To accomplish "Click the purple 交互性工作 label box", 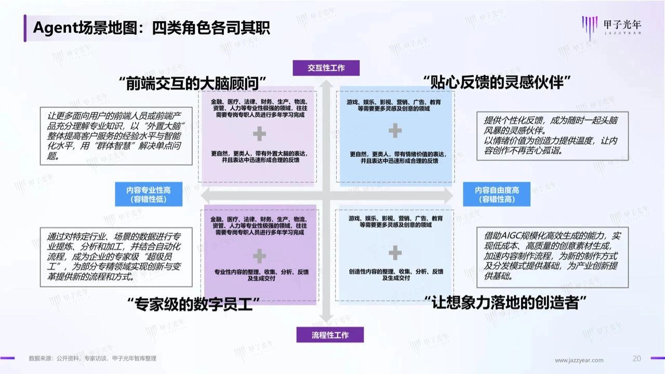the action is point(326,68).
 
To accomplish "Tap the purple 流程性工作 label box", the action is point(330,335).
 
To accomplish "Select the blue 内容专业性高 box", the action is point(149,194).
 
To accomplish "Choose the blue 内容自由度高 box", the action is point(497,194).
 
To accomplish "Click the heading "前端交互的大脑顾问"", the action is point(192,83).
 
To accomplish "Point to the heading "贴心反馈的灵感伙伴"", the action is point(497,82).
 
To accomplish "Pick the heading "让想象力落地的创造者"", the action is point(505,303).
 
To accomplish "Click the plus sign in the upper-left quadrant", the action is point(259,133).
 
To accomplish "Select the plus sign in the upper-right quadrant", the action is point(395,130).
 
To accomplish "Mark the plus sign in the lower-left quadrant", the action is point(259,256).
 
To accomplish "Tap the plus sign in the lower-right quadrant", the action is point(395,252).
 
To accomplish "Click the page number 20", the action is point(636,358).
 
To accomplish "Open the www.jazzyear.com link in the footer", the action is point(579,360).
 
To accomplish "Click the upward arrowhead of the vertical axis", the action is point(326,84).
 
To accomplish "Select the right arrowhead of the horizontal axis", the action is point(449,195).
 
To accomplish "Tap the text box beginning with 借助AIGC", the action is point(552,257).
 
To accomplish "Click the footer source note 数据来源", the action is point(92,358).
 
